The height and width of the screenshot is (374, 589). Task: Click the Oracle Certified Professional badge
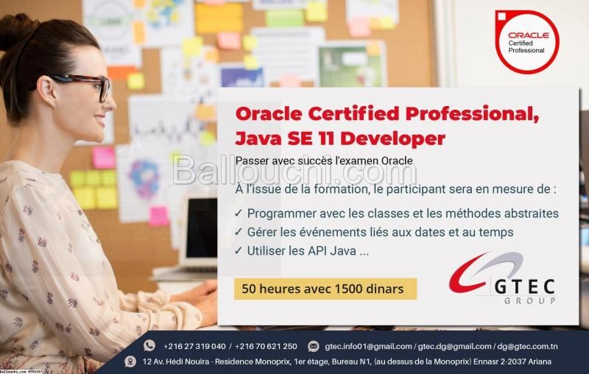527,42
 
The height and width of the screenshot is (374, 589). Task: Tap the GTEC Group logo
502,278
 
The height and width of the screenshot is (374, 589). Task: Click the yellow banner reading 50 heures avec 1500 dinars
325,289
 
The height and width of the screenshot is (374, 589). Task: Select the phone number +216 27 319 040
194,346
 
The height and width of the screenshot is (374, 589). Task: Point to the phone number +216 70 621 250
266,346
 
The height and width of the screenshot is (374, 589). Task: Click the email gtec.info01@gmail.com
368,346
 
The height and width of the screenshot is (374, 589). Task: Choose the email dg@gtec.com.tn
527,346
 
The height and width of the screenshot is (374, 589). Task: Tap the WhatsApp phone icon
149,345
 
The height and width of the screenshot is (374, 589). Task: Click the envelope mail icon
314,346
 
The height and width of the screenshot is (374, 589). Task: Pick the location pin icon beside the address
130,361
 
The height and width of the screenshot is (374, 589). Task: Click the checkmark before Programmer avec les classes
238,213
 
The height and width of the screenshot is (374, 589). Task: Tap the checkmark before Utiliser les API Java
238,250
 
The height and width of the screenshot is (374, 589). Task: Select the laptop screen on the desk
202,228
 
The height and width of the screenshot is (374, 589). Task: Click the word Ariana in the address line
540,361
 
